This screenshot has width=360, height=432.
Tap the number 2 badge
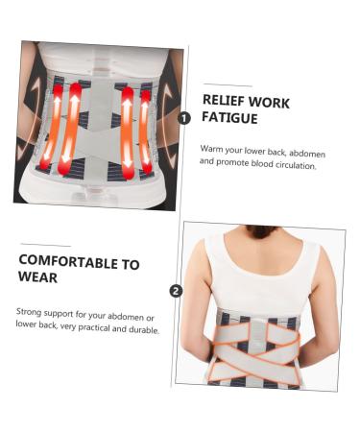176,291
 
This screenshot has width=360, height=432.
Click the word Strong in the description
30,312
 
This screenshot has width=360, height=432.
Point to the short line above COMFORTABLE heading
45,245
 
